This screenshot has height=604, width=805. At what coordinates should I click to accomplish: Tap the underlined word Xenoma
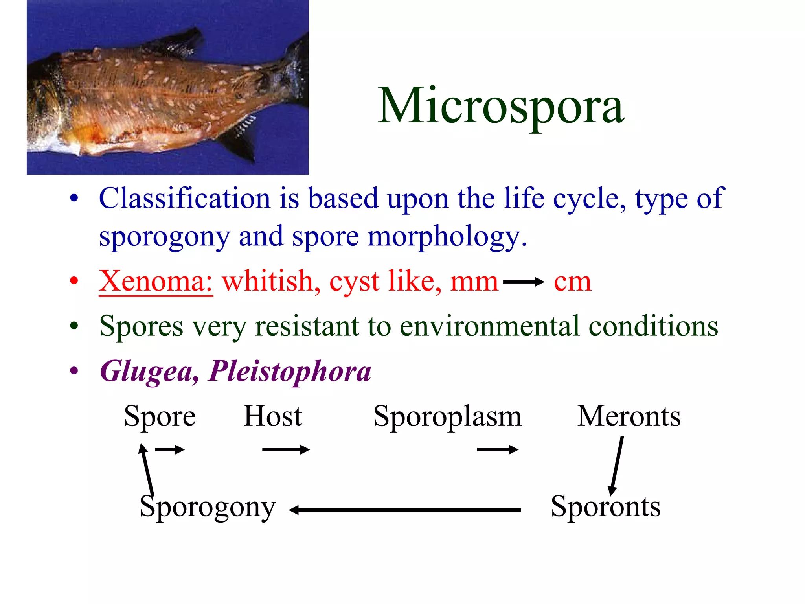[156, 281]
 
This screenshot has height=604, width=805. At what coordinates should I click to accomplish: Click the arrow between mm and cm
[523, 282]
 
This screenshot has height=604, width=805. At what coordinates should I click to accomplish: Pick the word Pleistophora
[290, 371]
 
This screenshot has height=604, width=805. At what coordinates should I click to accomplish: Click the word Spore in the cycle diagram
[160, 416]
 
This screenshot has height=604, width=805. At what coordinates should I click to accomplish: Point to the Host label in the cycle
[273, 416]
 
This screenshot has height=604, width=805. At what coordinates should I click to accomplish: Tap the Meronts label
[629, 416]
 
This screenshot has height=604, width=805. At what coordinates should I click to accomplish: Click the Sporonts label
[605, 506]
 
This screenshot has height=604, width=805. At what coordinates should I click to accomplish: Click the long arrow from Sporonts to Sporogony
[405, 510]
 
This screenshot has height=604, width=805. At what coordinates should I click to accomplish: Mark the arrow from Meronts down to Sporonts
[617, 466]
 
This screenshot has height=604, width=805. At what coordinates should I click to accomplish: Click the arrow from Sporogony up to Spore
[147, 470]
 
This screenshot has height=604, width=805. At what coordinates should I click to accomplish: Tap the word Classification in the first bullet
[184, 198]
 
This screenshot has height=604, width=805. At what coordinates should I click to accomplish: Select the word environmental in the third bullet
[489, 326]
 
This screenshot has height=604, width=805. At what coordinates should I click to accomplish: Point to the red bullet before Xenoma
[74, 281]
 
